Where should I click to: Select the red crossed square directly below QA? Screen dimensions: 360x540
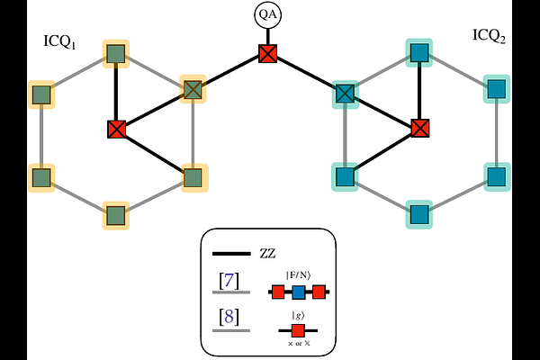coord(267,54)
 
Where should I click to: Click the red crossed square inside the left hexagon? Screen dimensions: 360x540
coord(115,129)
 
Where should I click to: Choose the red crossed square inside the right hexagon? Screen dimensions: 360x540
coord(418,128)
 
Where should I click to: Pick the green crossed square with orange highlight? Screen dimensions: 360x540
coord(193,89)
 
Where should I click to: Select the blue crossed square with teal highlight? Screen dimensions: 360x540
coord(345,92)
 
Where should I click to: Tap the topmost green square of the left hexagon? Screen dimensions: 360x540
coord(115,53)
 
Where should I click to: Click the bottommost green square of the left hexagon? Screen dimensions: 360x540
coord(115,215)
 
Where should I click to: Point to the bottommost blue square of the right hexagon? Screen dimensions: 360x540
coord(419,214)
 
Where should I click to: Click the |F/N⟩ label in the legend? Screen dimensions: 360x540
coord(300,274)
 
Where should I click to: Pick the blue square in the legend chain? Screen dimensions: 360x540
coord(299,292)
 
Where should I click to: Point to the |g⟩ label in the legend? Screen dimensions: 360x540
coord(298,314)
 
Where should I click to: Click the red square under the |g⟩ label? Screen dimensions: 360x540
coord(298,330)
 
